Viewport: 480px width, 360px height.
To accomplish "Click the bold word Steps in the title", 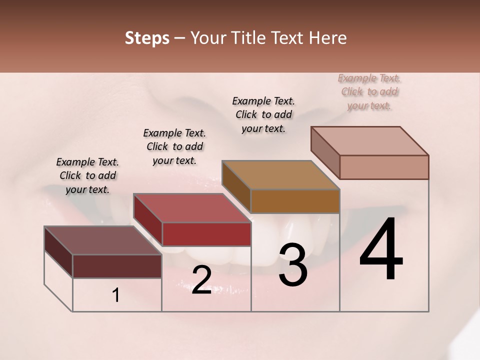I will (147, 38).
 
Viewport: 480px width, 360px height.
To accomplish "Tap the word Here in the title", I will (327, 38).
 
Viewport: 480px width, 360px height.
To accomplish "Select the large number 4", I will (381, 250).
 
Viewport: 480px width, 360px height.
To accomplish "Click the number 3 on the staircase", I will (292, 265).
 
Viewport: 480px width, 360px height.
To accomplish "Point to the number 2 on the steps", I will (201, 280).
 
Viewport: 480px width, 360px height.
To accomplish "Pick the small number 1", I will (116, 295).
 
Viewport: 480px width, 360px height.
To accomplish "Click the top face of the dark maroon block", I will (102, 240).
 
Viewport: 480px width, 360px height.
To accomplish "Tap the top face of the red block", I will (191, 207).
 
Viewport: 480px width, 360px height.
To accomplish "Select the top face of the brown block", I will (280, 175).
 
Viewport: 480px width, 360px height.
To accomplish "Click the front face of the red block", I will (206, 234).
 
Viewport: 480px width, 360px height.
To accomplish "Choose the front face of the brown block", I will (295, 201).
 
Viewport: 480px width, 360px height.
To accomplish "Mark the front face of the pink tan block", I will (384, 167).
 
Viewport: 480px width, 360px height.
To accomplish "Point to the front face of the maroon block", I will (117, 266).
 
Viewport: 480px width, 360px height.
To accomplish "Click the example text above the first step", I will (87, 175).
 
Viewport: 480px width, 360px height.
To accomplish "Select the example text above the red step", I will (174, 146).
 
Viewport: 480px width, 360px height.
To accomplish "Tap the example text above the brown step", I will (263, 114).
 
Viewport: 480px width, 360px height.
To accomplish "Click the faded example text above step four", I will (369, 91).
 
